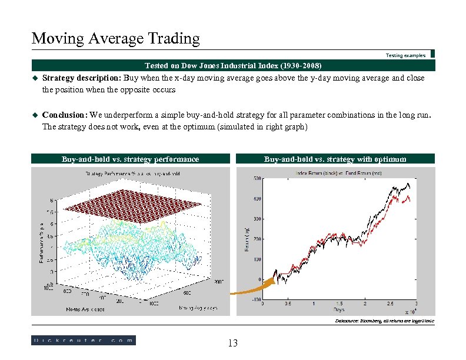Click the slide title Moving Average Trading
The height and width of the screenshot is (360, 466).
pos(116,39)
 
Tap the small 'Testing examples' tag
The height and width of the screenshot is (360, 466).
pos(405,55)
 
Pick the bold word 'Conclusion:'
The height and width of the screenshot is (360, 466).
pos(65,115)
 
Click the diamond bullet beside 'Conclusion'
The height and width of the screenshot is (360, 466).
pos(35,116)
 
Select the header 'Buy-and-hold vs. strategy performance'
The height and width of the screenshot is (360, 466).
pos(130,159)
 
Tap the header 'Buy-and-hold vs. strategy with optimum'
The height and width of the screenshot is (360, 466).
pos(335,159)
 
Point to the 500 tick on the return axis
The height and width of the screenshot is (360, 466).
pos(257,178)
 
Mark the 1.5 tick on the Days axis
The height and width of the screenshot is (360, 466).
pos(339,304)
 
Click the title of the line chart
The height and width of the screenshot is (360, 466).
pos(339,173)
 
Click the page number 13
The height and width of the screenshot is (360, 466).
pos(232,343)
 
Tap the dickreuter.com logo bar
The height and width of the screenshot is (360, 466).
pos(83,340)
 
